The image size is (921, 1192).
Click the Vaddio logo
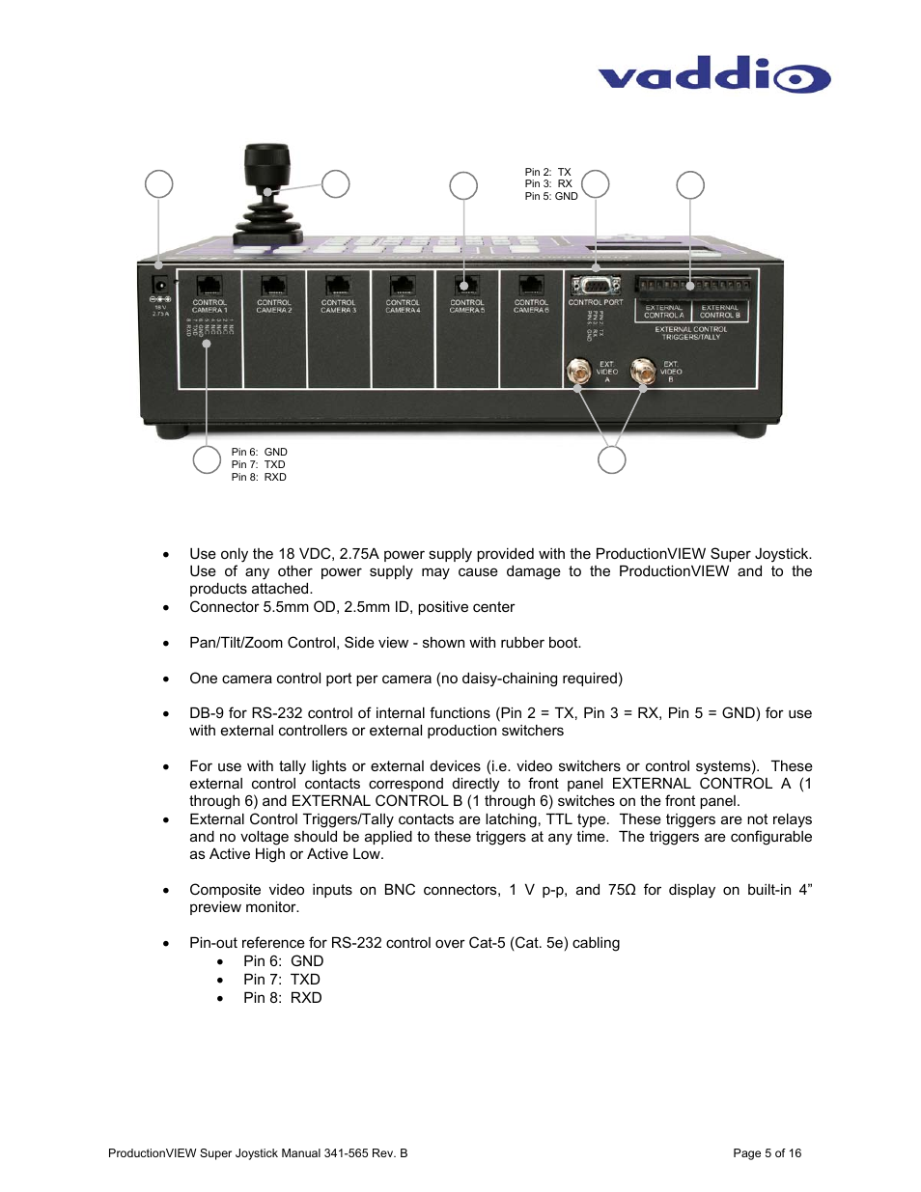(713, 75)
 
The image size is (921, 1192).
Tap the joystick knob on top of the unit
(267, 165)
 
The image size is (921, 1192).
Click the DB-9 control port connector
(596, 286)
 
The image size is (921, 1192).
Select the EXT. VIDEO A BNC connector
(579, 371)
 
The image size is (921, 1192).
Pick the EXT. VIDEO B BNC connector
(643, 371)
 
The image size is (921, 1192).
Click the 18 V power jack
(161, 285)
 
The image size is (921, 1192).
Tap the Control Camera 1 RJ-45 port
(209, 286)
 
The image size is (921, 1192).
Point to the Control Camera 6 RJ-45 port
(531, 286)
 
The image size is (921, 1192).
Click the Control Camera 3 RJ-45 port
(338, 286)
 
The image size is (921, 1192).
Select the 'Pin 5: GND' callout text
(551, 197)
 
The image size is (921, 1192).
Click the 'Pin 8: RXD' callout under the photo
(259, 478)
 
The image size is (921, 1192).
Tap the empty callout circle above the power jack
(158, 183)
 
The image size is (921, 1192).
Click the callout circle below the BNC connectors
(611, 460)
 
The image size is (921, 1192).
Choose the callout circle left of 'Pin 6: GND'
(207, 460)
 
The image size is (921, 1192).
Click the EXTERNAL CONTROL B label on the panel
(720, 312)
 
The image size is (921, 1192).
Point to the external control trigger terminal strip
(693, 286)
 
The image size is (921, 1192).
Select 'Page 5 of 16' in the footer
(767, 1153)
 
